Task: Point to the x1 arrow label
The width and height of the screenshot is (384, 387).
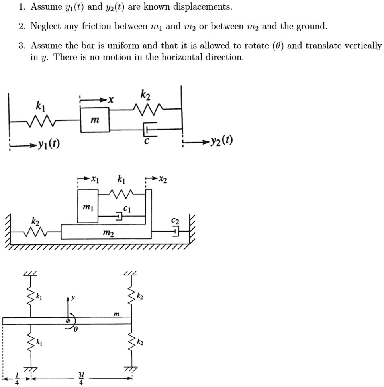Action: [94, 179]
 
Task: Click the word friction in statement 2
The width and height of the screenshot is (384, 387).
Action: [96, 27]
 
